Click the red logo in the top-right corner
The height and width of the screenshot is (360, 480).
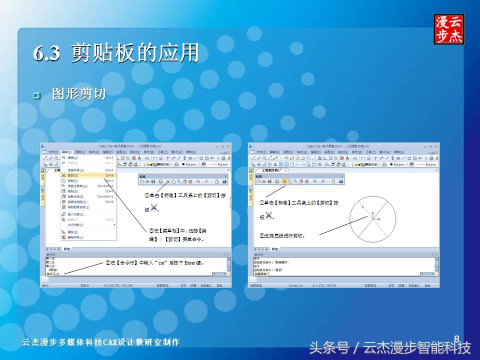[448, 29]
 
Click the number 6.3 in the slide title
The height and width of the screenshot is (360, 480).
[47, 53]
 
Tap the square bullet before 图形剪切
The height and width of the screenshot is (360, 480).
[36, 95]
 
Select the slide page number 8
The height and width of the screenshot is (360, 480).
[456, 339]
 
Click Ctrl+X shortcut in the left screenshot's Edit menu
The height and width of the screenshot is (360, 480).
[109, 175]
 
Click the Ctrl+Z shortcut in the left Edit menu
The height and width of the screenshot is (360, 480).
[109, 157]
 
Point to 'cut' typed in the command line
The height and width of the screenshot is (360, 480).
[57, 274]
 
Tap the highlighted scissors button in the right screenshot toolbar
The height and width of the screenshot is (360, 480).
[284, 181]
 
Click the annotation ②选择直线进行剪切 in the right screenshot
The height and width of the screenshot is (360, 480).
[282, 235]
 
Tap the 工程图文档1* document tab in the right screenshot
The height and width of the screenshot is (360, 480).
[272, 170]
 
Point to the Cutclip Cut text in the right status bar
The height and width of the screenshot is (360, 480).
[295, 285]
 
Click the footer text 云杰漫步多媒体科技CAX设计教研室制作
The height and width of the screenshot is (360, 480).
[100, 342]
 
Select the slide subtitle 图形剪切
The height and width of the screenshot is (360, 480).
[78, 94]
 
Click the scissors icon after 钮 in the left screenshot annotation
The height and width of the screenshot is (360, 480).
[153, 207]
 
